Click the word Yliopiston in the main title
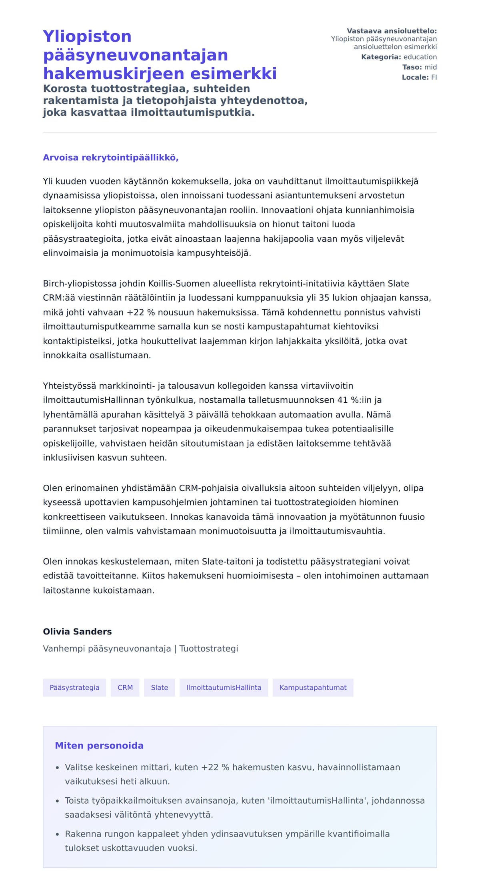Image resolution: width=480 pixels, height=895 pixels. [x=87, y=36]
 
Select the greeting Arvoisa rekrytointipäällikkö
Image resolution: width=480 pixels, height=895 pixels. [x=111, y=158]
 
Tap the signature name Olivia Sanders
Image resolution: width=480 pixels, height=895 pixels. [x=77, y=631]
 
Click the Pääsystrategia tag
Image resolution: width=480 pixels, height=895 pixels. [x=74, y=687]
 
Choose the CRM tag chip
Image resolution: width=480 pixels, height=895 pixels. [x=125, y=687]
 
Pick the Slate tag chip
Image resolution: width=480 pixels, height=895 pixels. [x=160, y=687]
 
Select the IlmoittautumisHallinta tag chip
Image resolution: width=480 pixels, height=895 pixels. [x=224, y=687]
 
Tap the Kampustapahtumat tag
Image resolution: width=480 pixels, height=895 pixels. [x=313, y=687]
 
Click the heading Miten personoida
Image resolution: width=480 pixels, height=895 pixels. [x=99, y=745]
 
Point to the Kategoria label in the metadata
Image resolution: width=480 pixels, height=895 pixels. [x=381, y=57]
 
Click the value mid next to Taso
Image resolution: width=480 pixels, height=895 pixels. [x=430, y=67]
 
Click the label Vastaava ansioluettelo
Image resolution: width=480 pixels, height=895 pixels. [x=392, y=31]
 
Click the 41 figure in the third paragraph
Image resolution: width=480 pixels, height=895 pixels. [x=342, y=400]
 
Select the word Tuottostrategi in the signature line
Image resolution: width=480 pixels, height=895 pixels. [x=208, y=648]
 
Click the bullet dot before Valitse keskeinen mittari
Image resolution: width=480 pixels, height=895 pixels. [x=57, y=768]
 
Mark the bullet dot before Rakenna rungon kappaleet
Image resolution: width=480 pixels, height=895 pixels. [x=57, y=835]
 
